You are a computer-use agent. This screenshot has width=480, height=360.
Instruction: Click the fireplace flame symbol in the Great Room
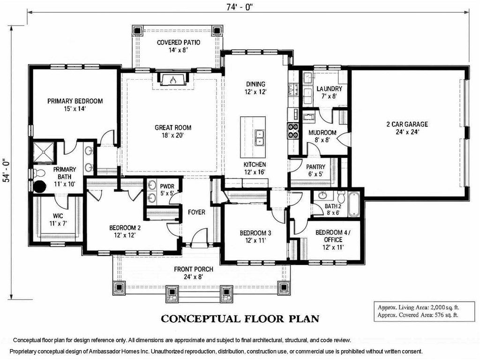pos(173,80)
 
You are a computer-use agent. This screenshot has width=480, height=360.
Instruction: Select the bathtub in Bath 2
pos(354,203)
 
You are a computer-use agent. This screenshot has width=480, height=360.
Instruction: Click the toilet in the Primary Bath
pos(38,173)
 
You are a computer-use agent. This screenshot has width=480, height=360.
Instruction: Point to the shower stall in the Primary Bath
pos(43,151)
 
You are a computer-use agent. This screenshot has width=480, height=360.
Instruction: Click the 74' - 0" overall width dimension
pos(239,7)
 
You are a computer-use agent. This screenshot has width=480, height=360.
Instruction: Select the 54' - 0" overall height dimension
pos(7,170)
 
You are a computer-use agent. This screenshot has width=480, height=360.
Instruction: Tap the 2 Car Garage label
pos(407,128)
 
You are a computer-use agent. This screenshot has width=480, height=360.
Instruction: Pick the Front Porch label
pos(194,273)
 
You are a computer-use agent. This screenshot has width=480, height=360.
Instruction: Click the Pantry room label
pos(315,171)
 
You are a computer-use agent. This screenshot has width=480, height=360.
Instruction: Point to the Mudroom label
pos(322,136)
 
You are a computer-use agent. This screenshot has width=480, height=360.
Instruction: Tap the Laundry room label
pos(329,92)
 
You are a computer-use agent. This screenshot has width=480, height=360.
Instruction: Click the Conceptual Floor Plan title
pos(240,319)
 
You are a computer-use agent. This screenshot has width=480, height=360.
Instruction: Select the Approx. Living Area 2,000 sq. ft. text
pos(418,307)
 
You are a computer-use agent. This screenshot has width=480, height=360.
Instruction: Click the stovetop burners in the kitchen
pos(293,130)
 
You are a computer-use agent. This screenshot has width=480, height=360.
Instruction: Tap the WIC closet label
pos(58,219)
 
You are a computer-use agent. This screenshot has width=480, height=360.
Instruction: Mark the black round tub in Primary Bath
pos(39,187)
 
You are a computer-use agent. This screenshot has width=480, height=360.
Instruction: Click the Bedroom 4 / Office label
pos(333,240)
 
